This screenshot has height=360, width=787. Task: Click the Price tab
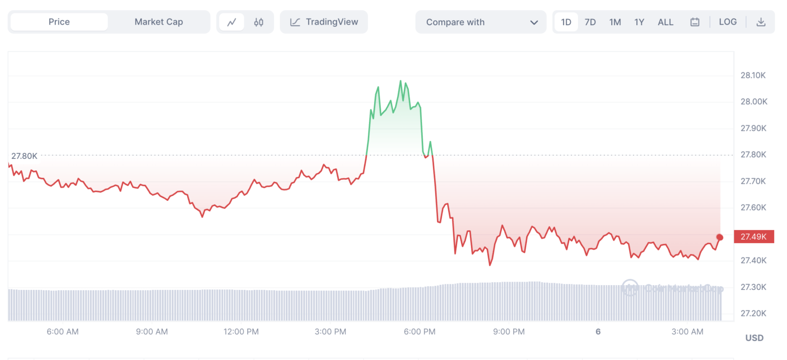click(x=59, y=22)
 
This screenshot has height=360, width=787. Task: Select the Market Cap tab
click(x=158, y=22)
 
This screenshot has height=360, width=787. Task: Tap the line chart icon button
click(x=232, y=22)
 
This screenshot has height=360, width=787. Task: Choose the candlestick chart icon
click(x=259, y=22)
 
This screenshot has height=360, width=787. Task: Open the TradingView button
click(x=324, y=22)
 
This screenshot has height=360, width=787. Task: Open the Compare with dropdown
click(x=481, y=22)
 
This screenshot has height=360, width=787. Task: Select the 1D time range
click(x=566, y=22)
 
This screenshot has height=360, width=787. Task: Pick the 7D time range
click(x=590, y=22)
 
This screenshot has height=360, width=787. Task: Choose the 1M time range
click(x=615, y=22)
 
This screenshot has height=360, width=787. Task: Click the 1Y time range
click(x=639, y=22)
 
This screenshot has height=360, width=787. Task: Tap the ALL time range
click(x=666, y=22)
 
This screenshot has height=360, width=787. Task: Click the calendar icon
click(x=695, y=22)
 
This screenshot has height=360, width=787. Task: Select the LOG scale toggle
click(x=728, y=22)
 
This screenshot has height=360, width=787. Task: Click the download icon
click(x=761, y=22)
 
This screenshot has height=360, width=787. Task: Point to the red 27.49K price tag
click(x=754, y=237)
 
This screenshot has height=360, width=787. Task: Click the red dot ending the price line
click(x=720, y=237)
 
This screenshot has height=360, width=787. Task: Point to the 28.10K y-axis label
click(x=753, y=75)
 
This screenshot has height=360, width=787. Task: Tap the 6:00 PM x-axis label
click(x=420, y=331)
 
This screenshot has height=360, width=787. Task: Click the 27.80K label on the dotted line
click(x=24, y=156)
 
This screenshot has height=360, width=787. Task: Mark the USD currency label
click(x=754, y=337)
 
